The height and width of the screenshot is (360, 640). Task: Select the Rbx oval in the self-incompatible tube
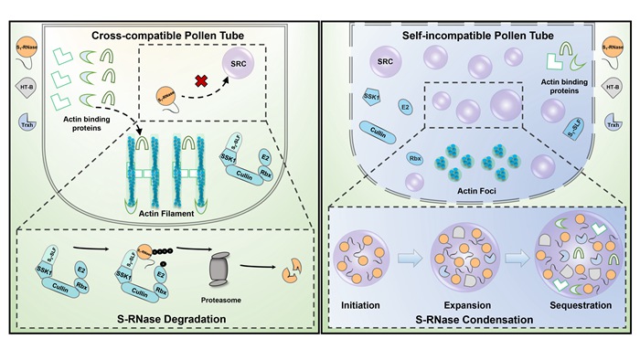click(362, 161)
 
